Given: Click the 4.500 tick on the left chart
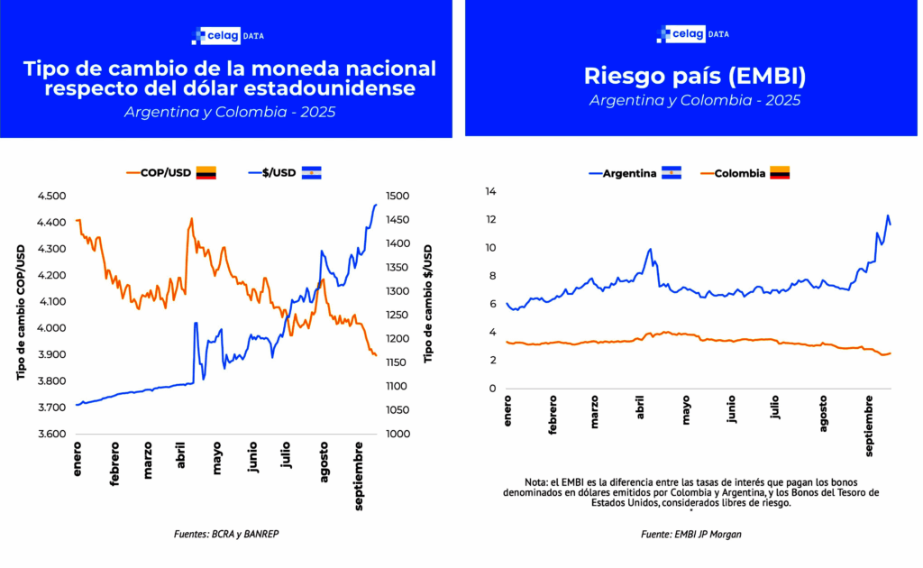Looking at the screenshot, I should (x=51, y=196).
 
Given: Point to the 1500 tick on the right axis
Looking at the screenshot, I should (x=397, y=196).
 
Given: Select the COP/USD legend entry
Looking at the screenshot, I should (x=160, y=172).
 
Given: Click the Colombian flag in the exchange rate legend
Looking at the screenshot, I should (x=206, y=172).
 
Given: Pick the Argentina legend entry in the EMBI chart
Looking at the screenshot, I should (x=628, y=173).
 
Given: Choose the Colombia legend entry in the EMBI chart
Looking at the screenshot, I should (x=739, y=173).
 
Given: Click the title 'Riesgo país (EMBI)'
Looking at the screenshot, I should (x=694, y=75).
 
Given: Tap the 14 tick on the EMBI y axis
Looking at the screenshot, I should (x=491, y=191).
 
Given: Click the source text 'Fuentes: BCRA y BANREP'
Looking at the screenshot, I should (x=226, y=534).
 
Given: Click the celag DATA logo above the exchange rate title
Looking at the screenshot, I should (x=227, y=36).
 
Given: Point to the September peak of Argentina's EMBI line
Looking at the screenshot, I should (x=887, y=215).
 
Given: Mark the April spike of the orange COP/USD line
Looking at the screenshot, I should (x=191, y=218).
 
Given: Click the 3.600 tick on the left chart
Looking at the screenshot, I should (x=51, y=435).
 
